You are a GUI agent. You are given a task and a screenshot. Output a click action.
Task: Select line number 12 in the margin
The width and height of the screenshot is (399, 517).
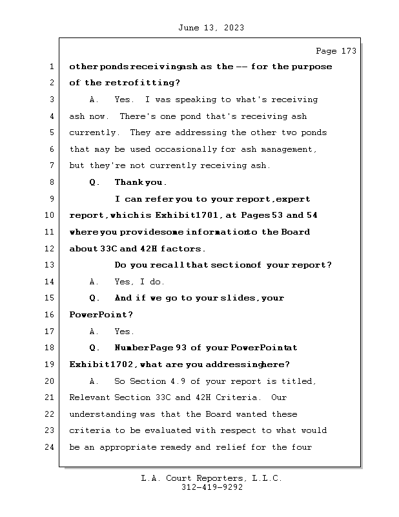(x=50, y=249)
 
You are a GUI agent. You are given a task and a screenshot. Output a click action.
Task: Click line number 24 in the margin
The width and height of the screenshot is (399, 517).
(x=50, y=447)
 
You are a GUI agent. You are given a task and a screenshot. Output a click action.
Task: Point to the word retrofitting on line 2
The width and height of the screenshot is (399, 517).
(x=141, y=83)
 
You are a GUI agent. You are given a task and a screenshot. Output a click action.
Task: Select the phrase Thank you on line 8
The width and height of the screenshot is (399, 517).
(x=131, y=182)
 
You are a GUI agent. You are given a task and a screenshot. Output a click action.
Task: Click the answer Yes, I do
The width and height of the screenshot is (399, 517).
(x=139, y=282)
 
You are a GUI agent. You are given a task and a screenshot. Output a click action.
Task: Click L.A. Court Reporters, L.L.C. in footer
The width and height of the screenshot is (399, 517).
(x=211, y=479)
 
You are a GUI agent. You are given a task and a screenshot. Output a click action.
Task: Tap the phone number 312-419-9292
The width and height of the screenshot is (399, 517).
(x=211, y=488)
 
